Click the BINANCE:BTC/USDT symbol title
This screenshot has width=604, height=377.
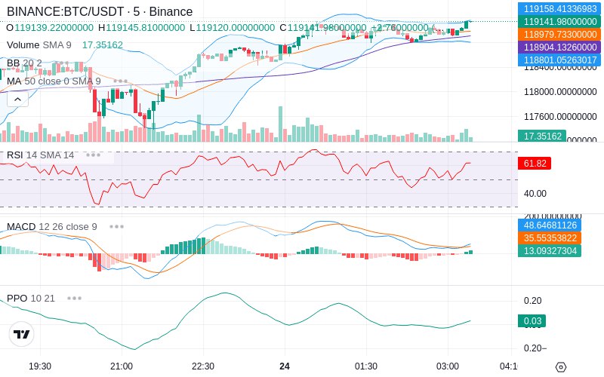(x=66, y=12)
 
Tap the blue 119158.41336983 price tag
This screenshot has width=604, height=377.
(x=559, y=9)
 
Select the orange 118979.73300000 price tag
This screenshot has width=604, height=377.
(x=559, y=35)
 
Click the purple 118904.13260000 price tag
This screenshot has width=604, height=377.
(x=559, y=47)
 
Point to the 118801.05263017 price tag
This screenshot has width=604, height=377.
(x=559, y=60)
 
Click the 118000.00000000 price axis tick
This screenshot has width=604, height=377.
(x=559, y=92)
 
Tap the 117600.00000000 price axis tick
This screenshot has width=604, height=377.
(x=559, y=117)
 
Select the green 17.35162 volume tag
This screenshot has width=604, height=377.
(x=541, y=136)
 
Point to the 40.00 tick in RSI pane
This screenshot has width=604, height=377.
(x=535, y=193)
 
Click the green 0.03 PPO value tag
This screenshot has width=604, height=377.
(x=532, y=321)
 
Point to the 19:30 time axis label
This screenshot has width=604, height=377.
(x=40, y=366)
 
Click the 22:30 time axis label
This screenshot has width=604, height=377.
(x=203, y=366)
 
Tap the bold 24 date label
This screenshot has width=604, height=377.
(x=285, y=366)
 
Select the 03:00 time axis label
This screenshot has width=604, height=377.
(x=448, y=366)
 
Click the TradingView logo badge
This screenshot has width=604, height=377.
(x=22, y=334)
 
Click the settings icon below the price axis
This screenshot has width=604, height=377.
(x=560, y=367)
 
